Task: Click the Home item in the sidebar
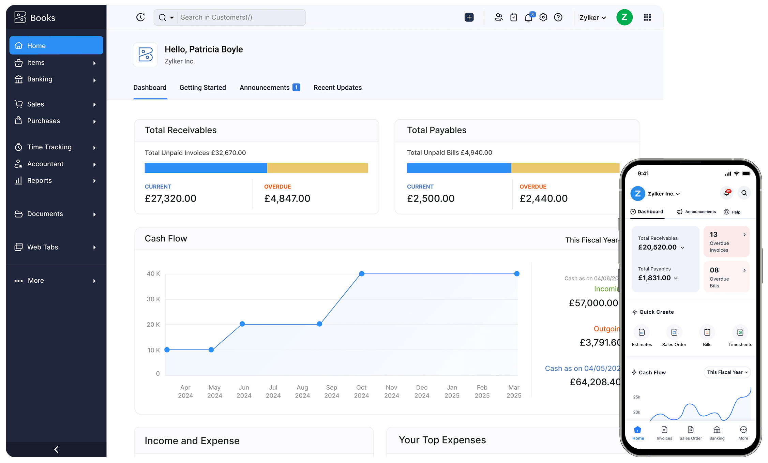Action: (56, 45)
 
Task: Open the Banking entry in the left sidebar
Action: (40, 79)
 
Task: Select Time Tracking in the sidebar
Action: (49, 147)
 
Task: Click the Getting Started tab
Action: (202, 88)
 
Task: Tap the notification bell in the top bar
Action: (528, 17)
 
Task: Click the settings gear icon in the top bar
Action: (543, 17)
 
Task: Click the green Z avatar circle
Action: (624, 17)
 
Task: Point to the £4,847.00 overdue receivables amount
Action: (287, 198)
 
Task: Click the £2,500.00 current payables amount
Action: (431, 198)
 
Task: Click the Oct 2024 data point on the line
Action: (362, 274)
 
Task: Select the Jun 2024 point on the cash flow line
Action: (242, 324)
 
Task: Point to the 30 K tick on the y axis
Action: (153, 299)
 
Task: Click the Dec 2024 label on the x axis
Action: (422, 391)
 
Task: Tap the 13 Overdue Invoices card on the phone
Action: (726, 242)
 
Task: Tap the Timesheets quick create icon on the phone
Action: (740, 332)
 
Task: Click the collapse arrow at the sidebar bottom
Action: (57, 449)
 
